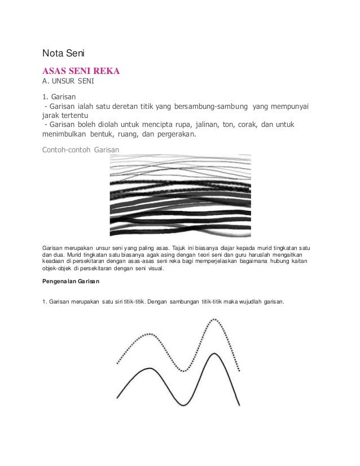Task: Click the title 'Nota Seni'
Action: tap(63, 54)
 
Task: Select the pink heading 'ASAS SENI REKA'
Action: tap(81, 72)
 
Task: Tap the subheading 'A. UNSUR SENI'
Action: tap(68, 83)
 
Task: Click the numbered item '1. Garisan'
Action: tap(62, 97)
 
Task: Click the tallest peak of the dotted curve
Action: tap(215, 320)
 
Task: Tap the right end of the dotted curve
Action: tap(241, 371)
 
